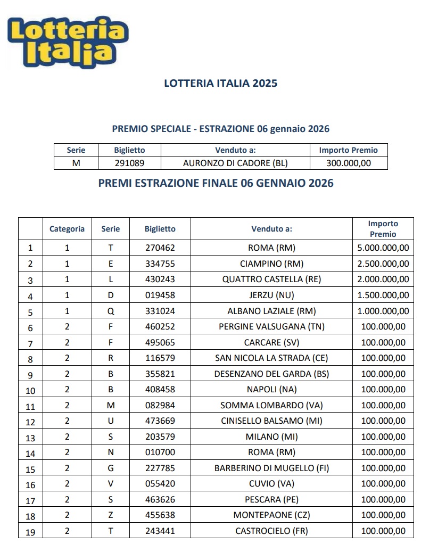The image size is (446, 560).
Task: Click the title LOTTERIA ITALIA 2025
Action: pyautogui.click(x=220, y=83)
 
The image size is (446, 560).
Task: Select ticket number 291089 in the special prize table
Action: pyautogui.click(x=129, y=163)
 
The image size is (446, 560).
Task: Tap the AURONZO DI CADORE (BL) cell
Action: pyautogui.click(x=235, y=163)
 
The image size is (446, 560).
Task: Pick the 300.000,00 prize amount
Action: pyautogui.click(x=349, y=163)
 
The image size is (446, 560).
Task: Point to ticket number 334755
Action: pyautogui.click(x=160, y=263)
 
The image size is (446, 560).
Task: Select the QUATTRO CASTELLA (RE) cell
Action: pyautogui.click(x=271, y=279)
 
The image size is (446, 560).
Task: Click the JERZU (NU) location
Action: pyautogui.click(x=271, y=295)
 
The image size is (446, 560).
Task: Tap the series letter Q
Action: pyautogui.click(x=111, y=311)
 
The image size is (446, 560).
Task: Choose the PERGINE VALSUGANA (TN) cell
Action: pyautogui.click(x=271, y=326)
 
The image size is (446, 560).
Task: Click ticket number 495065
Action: pyautogui.click(x=160, y=342)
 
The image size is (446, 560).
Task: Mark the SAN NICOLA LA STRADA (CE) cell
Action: pyautogui.click(x=271, y=358)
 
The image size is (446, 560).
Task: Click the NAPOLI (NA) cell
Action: pyautogui.click(x=271, y=389)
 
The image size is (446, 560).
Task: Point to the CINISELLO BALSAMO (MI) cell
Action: pyautogui.click(x=271, y=421)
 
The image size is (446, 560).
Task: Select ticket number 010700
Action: pyautogui.click(x=160, y=452)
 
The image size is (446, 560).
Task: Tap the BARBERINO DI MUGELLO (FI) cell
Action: pyautogui.click(x=271, y=468)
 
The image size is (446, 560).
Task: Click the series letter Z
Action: pyautogui.click(x=111, y=515)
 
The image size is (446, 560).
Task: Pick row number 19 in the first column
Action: pyautogui.click(x=30, y=532)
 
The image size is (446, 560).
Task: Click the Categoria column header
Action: pyautogui.click(x=67, y=229)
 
